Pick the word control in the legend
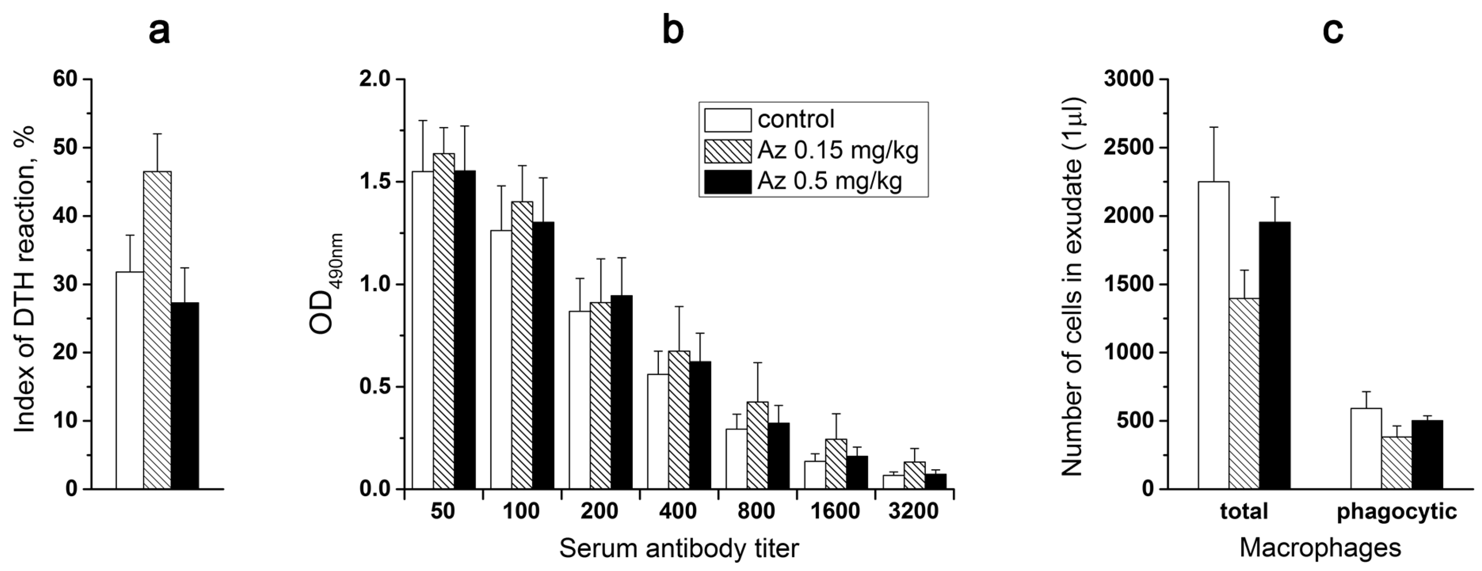796,120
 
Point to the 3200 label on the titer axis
913,511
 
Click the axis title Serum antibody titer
679,549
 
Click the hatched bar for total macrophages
1244,393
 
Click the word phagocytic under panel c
1397,511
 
